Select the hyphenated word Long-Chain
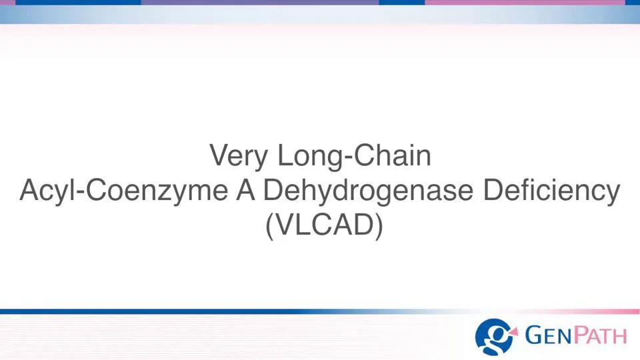354,156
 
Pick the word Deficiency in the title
551,191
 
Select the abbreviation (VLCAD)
324,226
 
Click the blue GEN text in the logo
546,335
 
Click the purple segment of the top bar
260,3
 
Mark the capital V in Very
219,156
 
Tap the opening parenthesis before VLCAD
269,227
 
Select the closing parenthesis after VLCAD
379,227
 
